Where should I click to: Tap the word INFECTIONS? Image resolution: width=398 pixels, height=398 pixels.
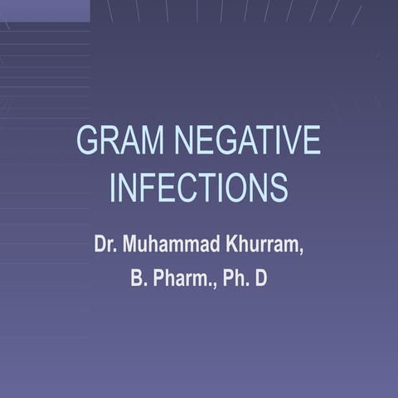tap(199, 187)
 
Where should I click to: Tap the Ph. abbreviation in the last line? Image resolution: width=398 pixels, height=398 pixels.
tap(234, 279)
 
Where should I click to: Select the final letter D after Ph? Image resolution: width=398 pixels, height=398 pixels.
tap(261, 279)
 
